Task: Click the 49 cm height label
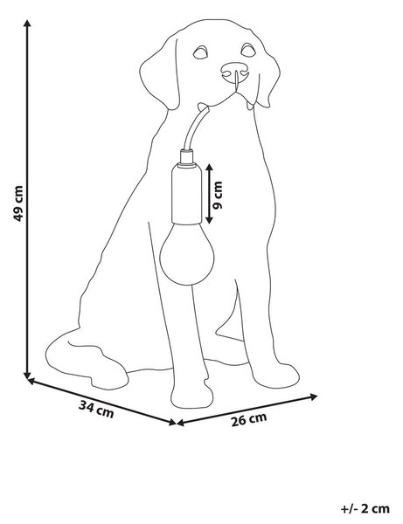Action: point(18,203)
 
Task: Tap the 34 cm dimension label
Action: point(96,410)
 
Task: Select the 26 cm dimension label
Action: point(249,420)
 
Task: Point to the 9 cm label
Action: point(218,196)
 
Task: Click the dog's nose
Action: point(235,72)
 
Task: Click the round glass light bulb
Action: point(186,254)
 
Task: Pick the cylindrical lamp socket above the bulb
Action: point(186,194)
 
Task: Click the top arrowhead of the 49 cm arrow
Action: point(27,23)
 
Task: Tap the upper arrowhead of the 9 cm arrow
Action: point(209,168)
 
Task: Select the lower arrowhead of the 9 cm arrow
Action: point(209,219)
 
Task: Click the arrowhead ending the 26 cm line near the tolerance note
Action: point(313,396)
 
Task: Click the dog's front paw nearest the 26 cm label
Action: point(275,376)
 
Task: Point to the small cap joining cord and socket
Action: point(186,156)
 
